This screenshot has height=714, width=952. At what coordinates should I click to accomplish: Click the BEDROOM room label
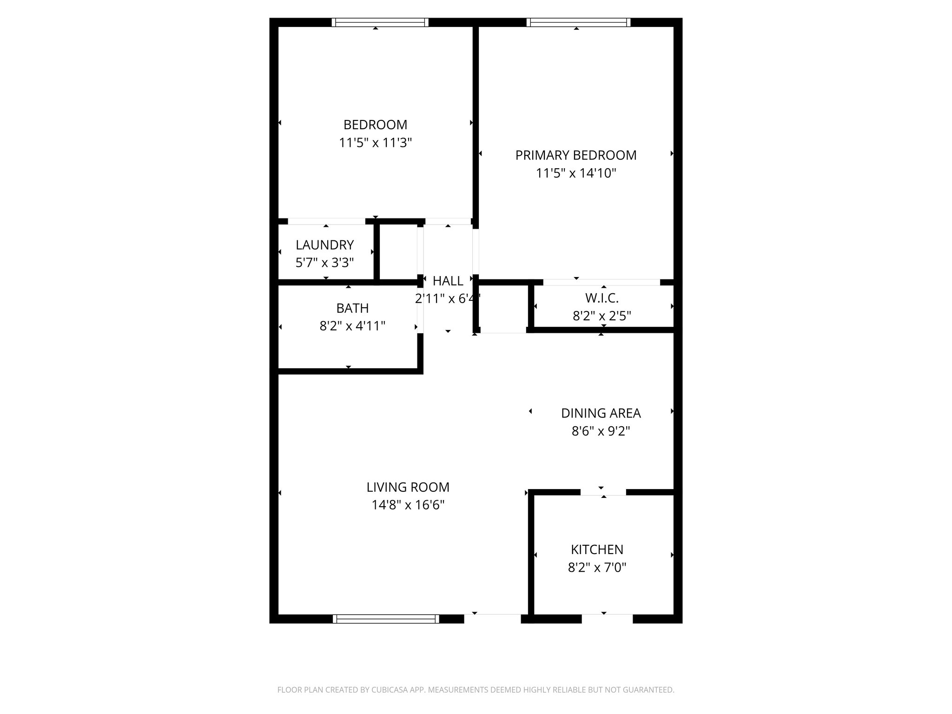[x=375, y=125]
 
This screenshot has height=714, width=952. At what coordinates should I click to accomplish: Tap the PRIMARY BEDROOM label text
[x=576, y=155]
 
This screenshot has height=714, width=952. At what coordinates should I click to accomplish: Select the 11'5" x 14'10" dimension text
[x=576, y=173]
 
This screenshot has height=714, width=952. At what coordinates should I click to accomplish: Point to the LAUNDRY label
[x=324, y=245]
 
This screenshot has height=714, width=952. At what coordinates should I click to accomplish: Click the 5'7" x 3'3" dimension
[x=324, y=263]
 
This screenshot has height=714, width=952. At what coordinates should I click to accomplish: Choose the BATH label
[x=352, y=308]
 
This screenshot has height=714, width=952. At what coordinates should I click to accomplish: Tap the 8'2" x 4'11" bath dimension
[x=352, y=326]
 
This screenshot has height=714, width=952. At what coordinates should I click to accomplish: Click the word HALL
[x=448, y=281]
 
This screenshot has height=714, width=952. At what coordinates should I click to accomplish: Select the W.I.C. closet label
[x=602, y=298]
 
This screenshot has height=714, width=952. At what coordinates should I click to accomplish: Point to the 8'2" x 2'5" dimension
[x=602, y=316]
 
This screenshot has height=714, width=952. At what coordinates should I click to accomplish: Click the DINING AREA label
[x=601, y=413]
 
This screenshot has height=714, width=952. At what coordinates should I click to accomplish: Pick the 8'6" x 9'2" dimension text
[x=601, y=431]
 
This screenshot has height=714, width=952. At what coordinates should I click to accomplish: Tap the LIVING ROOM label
[x=408, y=487]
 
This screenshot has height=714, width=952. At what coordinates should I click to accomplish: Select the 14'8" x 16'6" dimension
[x=408, y=505]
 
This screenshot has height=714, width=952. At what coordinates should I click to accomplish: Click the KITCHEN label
[x=597, y=549]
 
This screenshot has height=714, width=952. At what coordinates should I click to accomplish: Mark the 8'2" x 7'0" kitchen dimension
[x=597, y=568]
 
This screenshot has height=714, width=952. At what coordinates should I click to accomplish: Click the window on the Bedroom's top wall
[x=380, y=22]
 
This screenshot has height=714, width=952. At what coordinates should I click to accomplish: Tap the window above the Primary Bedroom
[x=578, y=22]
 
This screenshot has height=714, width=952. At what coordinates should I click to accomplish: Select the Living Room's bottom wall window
[x=386, y=619]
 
